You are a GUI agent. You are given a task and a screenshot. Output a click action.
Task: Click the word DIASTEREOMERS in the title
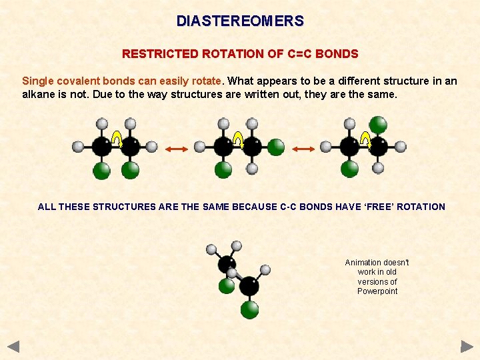[240, 21]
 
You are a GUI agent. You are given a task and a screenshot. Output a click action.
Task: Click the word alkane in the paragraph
[40, 95]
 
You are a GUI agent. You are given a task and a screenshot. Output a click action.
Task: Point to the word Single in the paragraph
[37, 81]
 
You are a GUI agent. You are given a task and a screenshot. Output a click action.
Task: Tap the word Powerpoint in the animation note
[377, 291]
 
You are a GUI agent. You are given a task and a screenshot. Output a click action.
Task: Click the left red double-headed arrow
[176, 149]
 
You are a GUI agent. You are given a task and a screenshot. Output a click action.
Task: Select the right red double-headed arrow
[303, 149]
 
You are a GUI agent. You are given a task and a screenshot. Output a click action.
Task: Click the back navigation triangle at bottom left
[13, 347]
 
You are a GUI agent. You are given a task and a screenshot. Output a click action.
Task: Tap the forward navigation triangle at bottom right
[467, 347]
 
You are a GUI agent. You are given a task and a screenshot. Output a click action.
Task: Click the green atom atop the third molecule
[378, 125]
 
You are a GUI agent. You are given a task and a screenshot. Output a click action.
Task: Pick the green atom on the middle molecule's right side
[276, 147]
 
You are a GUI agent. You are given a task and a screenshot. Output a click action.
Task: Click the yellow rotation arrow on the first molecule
[117, 139]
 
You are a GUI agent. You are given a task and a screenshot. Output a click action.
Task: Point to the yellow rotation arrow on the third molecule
[365, 139]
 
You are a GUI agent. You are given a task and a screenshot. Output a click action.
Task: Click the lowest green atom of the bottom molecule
[249, 309]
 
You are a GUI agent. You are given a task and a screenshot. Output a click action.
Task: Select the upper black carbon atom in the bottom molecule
[227, 263]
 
